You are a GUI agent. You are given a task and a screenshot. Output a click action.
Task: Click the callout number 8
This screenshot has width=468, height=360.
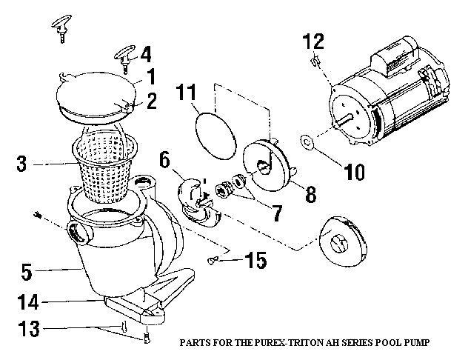pos(309,196)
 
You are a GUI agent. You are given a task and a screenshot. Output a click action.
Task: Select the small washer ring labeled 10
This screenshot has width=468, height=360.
pos(307,141)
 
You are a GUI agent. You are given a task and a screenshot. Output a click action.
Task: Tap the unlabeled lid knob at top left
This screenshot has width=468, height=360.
pos(61,27)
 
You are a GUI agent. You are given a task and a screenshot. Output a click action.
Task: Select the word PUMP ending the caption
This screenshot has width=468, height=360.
pos(415,343)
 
